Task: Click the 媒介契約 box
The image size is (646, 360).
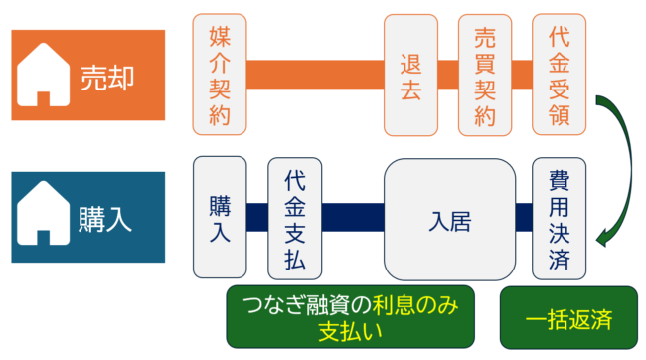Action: (x=220, y=75)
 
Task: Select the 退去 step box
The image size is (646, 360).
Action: (x=411, y=75)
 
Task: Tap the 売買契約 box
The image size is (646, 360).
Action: (x=485, y=75)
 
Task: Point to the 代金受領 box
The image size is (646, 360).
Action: (x=559, y=75)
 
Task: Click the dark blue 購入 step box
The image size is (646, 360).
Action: (x=220, y=217)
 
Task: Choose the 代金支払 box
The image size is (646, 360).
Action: (x=294, y=217)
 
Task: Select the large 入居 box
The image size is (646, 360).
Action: (x=449, y=217)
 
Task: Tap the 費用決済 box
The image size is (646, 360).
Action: (x=559, y=217)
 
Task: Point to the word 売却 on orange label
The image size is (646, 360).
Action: (x=106, y=77)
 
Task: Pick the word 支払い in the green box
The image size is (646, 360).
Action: (x=351, y=330)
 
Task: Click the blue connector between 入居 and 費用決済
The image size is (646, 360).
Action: (x=524, y=217)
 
